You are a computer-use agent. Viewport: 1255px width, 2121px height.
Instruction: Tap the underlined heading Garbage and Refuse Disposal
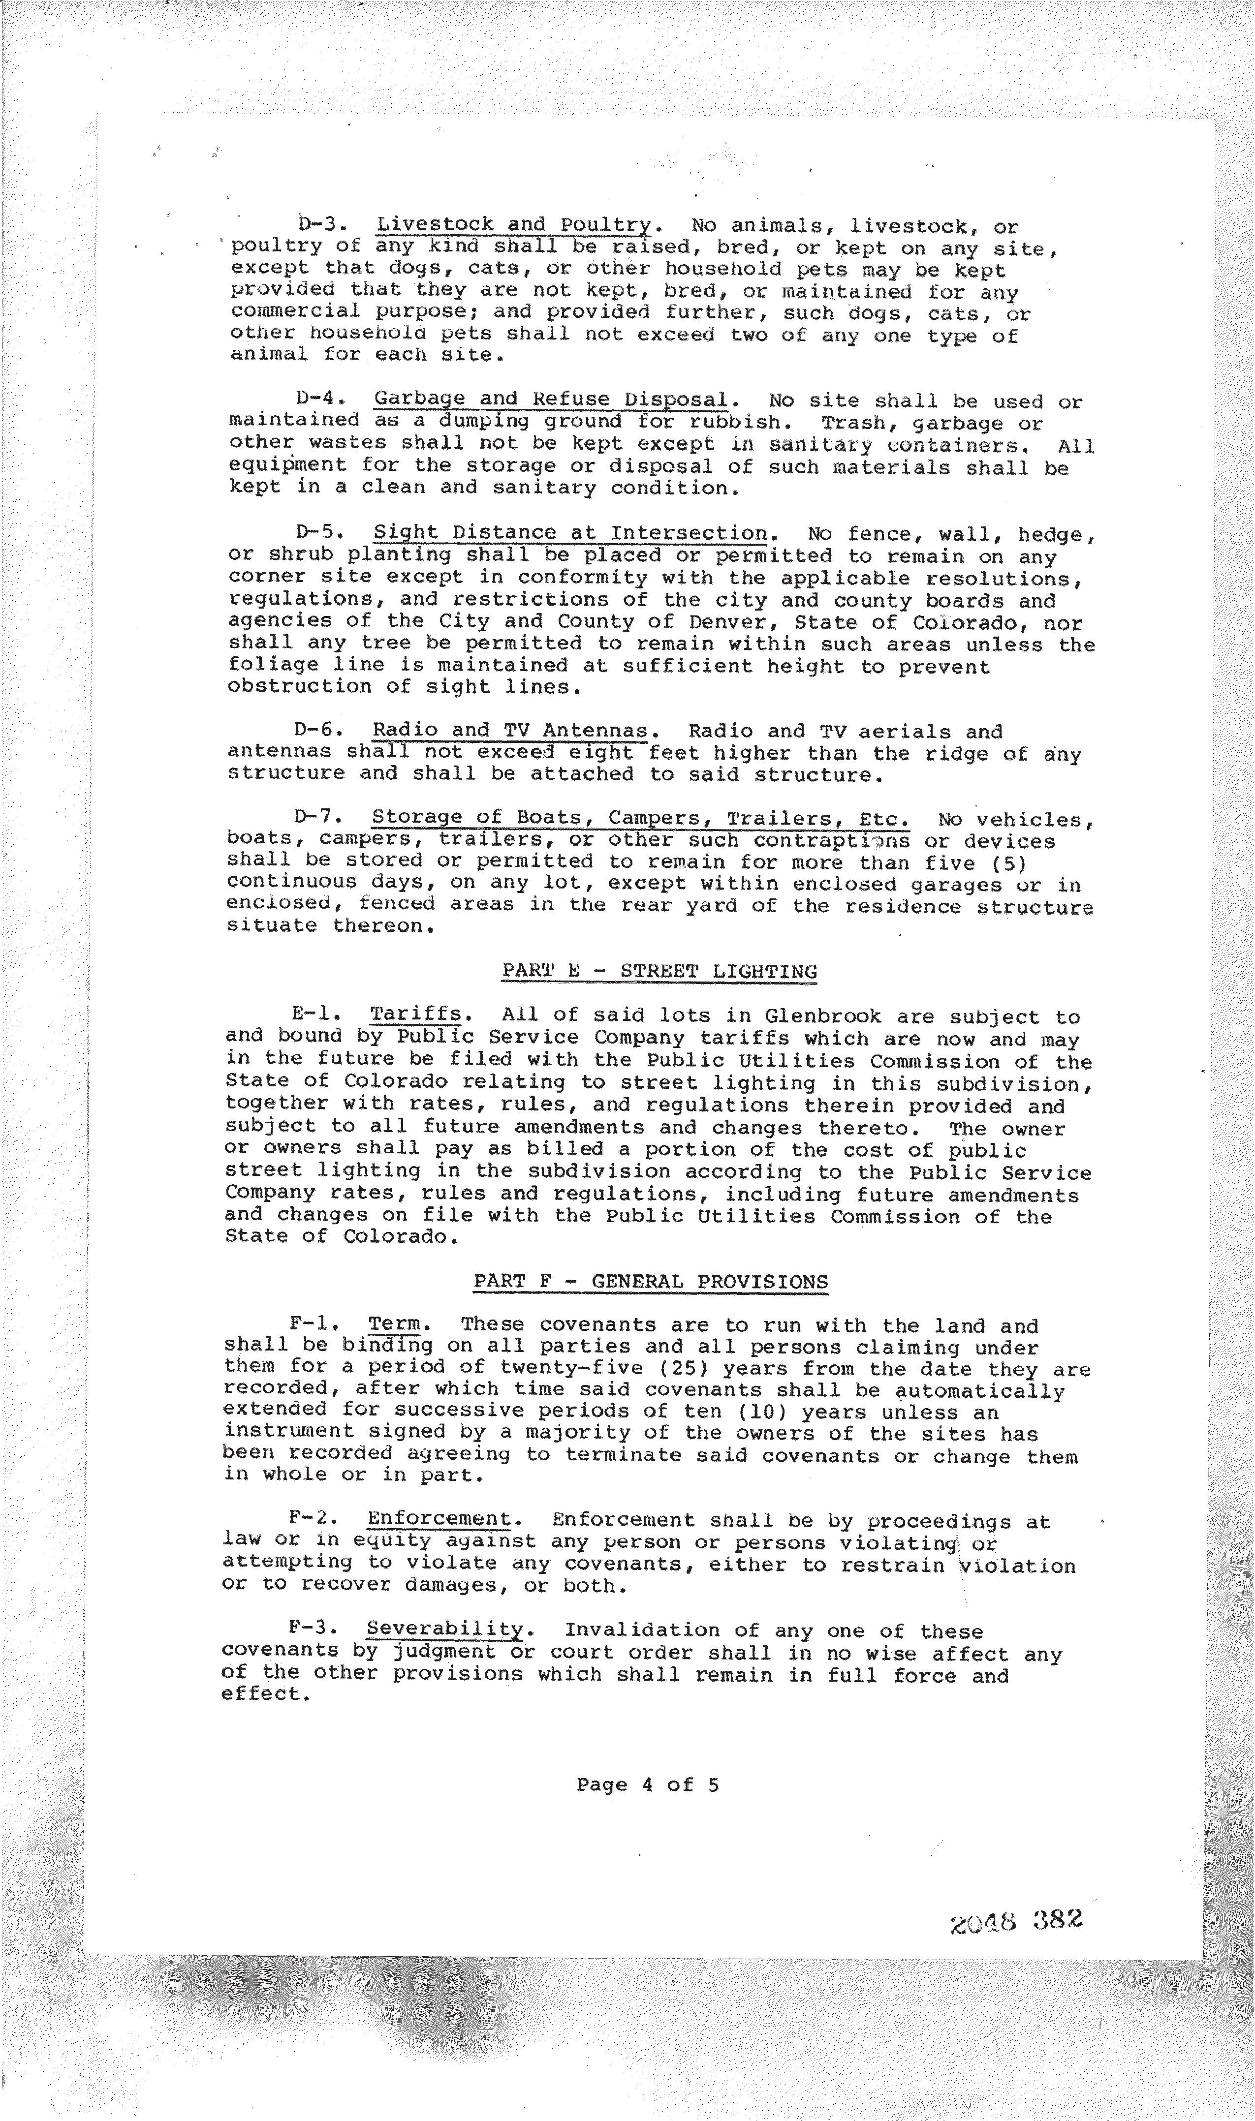coord(551,400)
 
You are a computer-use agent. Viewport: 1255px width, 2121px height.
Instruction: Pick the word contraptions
coord(831,841)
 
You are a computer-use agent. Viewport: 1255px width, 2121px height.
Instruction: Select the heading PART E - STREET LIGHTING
coord(659,971)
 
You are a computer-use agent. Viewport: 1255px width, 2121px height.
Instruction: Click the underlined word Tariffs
coord(415,1015)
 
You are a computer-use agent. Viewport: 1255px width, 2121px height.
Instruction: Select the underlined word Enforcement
coord(439,1520)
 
